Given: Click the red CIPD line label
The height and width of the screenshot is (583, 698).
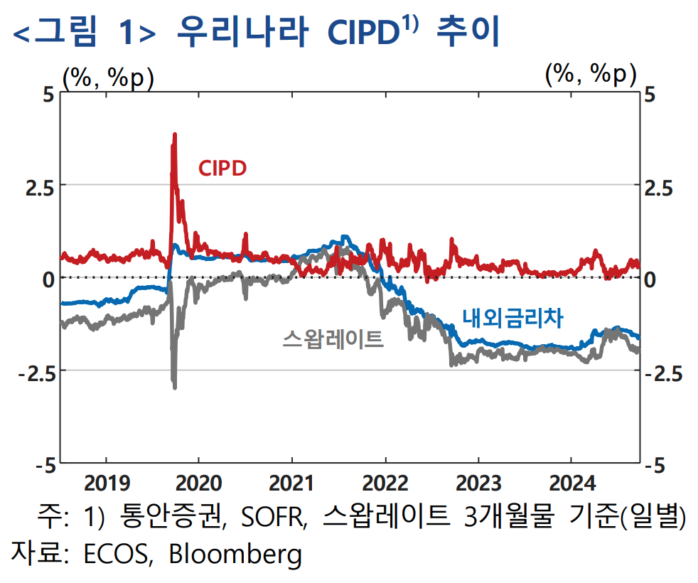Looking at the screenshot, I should point(222,169).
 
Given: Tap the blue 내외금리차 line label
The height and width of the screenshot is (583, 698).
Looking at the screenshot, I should point(512,319).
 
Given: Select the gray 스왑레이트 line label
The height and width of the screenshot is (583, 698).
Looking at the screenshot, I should point(333,338).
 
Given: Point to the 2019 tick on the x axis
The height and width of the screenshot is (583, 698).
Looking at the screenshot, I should point(107,484).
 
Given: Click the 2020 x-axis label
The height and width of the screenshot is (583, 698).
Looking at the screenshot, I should point(199,484).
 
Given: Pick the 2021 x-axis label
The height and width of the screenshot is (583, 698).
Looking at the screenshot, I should point(292,484).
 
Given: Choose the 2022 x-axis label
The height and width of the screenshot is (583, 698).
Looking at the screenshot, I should point(385,484).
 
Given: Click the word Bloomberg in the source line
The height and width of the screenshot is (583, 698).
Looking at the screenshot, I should point(235,554).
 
